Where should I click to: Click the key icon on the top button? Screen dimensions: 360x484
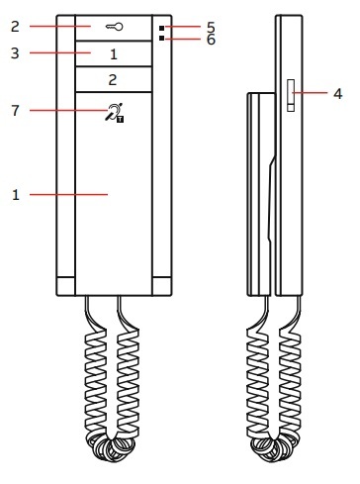tap(114, 27)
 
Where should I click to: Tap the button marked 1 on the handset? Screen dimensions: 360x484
tap(114, 53)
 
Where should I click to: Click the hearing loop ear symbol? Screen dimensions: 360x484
tap(114, 112)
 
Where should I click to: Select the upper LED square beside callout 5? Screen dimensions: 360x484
tap(161, 28)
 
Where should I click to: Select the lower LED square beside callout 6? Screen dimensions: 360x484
tap(161, 39)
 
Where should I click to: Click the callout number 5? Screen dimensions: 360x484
tap(211, 27)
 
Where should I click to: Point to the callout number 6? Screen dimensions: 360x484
tap(211, 40)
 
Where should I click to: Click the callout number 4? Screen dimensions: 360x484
tap(337, 94)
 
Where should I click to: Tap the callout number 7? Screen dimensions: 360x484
tap(15, 111)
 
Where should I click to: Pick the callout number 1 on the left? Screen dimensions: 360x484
tap(16, 195)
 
